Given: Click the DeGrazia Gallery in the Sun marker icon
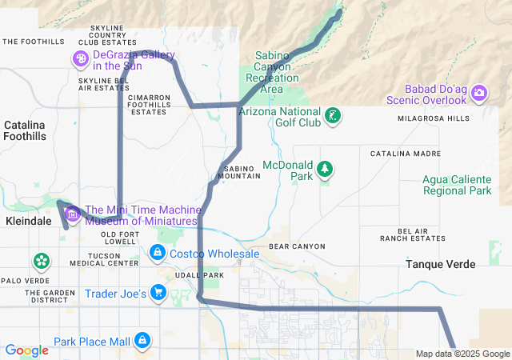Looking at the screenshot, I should (81, 58).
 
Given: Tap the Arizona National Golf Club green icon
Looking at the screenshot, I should (333, 116).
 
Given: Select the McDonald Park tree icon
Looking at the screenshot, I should (325, 169).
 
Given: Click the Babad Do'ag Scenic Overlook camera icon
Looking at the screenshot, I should (479, 93).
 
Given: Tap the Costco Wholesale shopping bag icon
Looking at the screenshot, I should (157, 254).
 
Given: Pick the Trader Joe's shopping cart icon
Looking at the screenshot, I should (158, 294).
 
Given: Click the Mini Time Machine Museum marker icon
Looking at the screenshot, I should (73, 214).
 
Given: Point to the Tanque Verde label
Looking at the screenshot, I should (440, 264).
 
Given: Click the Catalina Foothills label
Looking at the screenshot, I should (25, 131).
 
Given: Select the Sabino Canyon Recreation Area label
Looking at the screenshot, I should (276, 71).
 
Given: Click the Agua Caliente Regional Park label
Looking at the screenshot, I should (457, 185).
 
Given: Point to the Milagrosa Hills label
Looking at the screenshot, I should (434, 118).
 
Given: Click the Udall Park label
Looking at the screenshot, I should (202, 275).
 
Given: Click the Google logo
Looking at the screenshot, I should (26, 350).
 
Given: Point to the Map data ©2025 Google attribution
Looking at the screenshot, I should (462, 354).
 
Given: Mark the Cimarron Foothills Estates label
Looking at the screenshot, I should (149, 105).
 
